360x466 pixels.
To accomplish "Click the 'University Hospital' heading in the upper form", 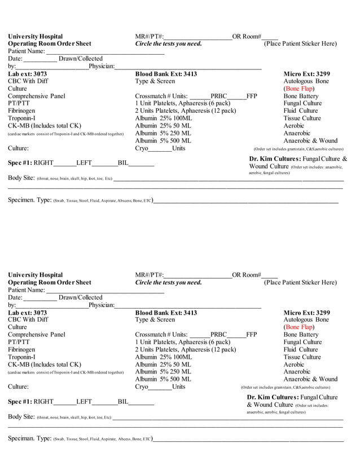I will (x=36, y=37).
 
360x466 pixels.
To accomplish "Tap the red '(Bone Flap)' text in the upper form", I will (x=298, y=89).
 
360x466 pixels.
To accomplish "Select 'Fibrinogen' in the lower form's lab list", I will (x=23, y=349).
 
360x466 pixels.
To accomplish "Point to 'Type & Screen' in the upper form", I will (x=155, y=81).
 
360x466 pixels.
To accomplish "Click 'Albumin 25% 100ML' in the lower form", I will (x=164, y=357).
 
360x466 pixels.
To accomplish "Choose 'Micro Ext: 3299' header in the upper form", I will (x=306, y=74).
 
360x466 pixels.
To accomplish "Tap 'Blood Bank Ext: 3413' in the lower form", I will (x=166, y=313).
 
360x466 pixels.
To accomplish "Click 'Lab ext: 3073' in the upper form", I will (x=28, y=74).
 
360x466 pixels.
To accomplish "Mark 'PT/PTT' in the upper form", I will (x=19, y=103).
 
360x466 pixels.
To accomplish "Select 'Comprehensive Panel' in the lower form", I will (x=37, y=335).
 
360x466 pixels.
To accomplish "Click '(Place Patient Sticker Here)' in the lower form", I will (x=300, y=282).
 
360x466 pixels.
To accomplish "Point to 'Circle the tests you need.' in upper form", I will (x=168, y=44).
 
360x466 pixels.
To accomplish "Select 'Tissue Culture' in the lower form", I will (x=302, y=357).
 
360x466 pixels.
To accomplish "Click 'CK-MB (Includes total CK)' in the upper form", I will (x=45, y=126).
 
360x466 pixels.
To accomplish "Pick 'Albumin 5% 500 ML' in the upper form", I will (x=163, y=140).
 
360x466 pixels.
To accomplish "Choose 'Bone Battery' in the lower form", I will (x=301, y=335).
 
